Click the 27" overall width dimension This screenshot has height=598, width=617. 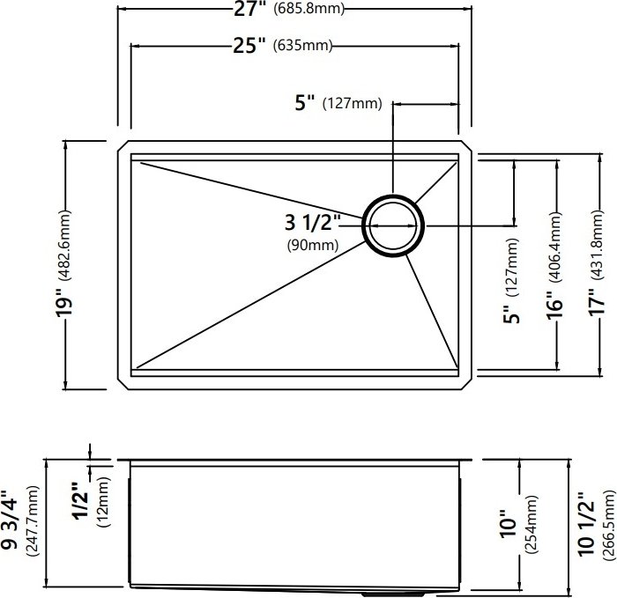click(x=250, y=9)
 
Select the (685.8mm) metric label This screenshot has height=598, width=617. click(x=308, y=8)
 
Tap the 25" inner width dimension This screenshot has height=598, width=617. click(x=249, y=46)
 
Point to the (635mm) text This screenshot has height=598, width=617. click(x=302, y=46)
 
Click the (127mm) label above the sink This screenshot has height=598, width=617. click(x=353, y=104)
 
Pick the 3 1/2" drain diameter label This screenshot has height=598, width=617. click(x=312, y=223)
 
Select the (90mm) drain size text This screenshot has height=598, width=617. click(x=313, y=245)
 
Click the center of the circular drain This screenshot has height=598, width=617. click(x=393, y=225)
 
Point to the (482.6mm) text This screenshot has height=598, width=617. click(x=64, y=246)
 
